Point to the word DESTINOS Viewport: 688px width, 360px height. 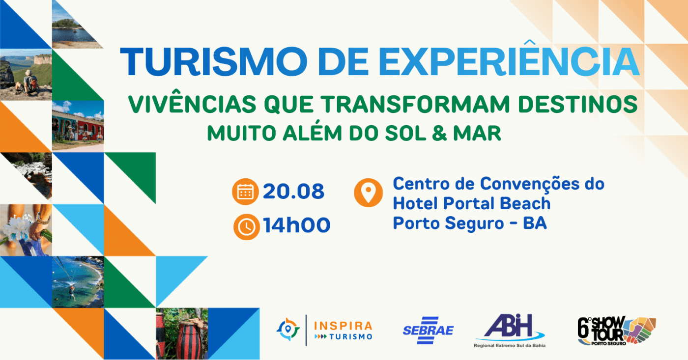click(x=578, y=104)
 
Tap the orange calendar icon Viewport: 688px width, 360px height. click(x=245, y=192)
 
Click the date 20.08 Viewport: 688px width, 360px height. click(x=293, y=191)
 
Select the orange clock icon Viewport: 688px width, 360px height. click(x=246, y=227)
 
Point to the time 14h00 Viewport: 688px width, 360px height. click(x=296, y=225)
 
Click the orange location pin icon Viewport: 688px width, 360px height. click(x=368, y=193)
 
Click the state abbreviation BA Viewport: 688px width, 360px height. click(x=535, y=223)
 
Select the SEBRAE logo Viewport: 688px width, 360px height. click(x=428, y=330)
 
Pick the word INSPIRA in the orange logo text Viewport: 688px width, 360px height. click(x=343, y=326)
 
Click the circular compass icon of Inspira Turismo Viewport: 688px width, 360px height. click(x=288, y=330)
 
